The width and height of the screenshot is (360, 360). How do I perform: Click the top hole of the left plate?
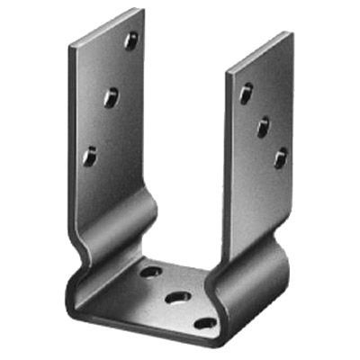click(x=131, y=40)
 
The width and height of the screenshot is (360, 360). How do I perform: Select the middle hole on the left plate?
click(x=111, y=97)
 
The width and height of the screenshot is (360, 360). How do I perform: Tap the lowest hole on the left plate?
click(x=90, y=156)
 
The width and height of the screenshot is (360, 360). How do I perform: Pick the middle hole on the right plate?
click(x=263, y=126)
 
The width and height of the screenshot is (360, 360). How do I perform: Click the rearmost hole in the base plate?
click(x=151, y=270)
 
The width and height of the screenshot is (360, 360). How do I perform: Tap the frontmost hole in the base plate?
click(x=206, y=321)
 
